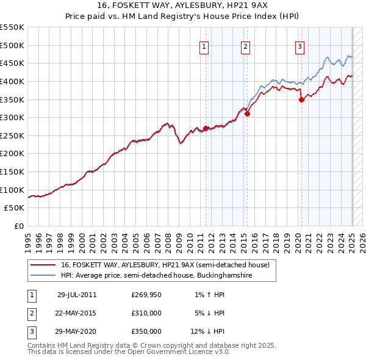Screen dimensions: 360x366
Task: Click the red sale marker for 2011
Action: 206,128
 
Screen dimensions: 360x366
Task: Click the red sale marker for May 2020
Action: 301,99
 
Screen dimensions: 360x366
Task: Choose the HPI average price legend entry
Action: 156,275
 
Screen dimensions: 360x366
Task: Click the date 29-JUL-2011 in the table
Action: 77,295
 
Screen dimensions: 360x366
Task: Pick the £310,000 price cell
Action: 146,314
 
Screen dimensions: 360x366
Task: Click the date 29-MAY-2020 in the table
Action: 77,332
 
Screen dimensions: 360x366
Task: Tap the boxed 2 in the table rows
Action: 30,314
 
